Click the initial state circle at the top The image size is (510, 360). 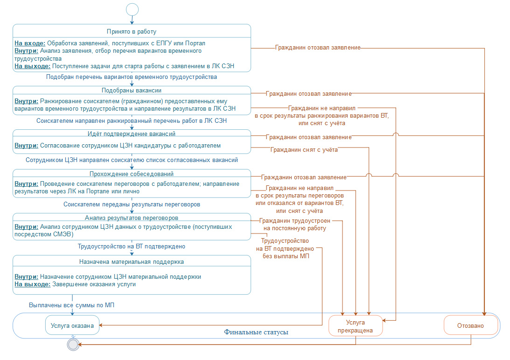132,9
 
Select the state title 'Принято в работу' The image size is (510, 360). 132,32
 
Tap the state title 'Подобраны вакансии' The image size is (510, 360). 132,90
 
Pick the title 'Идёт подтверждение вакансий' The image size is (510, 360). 132,134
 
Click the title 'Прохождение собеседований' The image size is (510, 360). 132,174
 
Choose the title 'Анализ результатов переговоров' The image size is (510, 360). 132,218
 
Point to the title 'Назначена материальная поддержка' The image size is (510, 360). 132,261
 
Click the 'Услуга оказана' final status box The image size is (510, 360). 72,325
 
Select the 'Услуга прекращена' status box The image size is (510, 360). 356,326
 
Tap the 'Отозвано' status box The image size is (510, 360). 470,325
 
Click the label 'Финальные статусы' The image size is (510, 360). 256,332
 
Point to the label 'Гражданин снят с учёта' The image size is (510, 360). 304,150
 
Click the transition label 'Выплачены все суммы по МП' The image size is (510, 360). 72,305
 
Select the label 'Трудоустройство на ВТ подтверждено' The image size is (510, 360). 132,246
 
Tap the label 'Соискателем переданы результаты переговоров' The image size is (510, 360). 132,205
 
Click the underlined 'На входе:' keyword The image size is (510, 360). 30,43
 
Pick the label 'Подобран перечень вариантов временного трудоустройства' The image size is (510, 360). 132,77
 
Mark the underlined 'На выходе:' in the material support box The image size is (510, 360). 32,284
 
